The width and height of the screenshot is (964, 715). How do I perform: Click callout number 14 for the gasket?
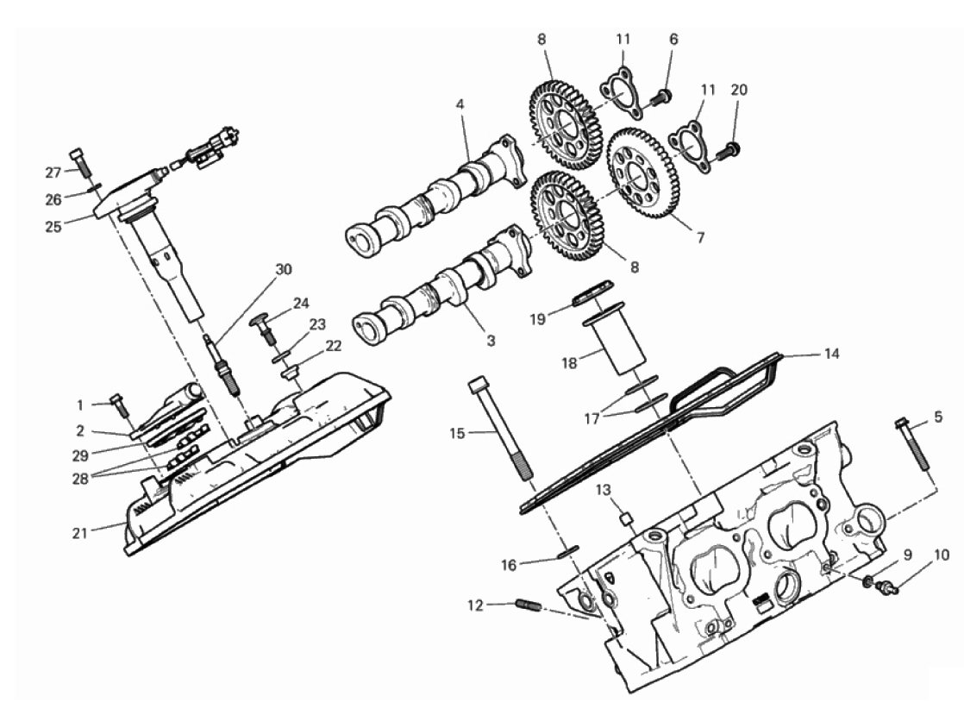831,354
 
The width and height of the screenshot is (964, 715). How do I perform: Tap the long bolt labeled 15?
503,430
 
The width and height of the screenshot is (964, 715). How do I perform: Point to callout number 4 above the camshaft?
460,105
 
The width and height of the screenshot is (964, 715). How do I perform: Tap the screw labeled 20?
729,148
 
